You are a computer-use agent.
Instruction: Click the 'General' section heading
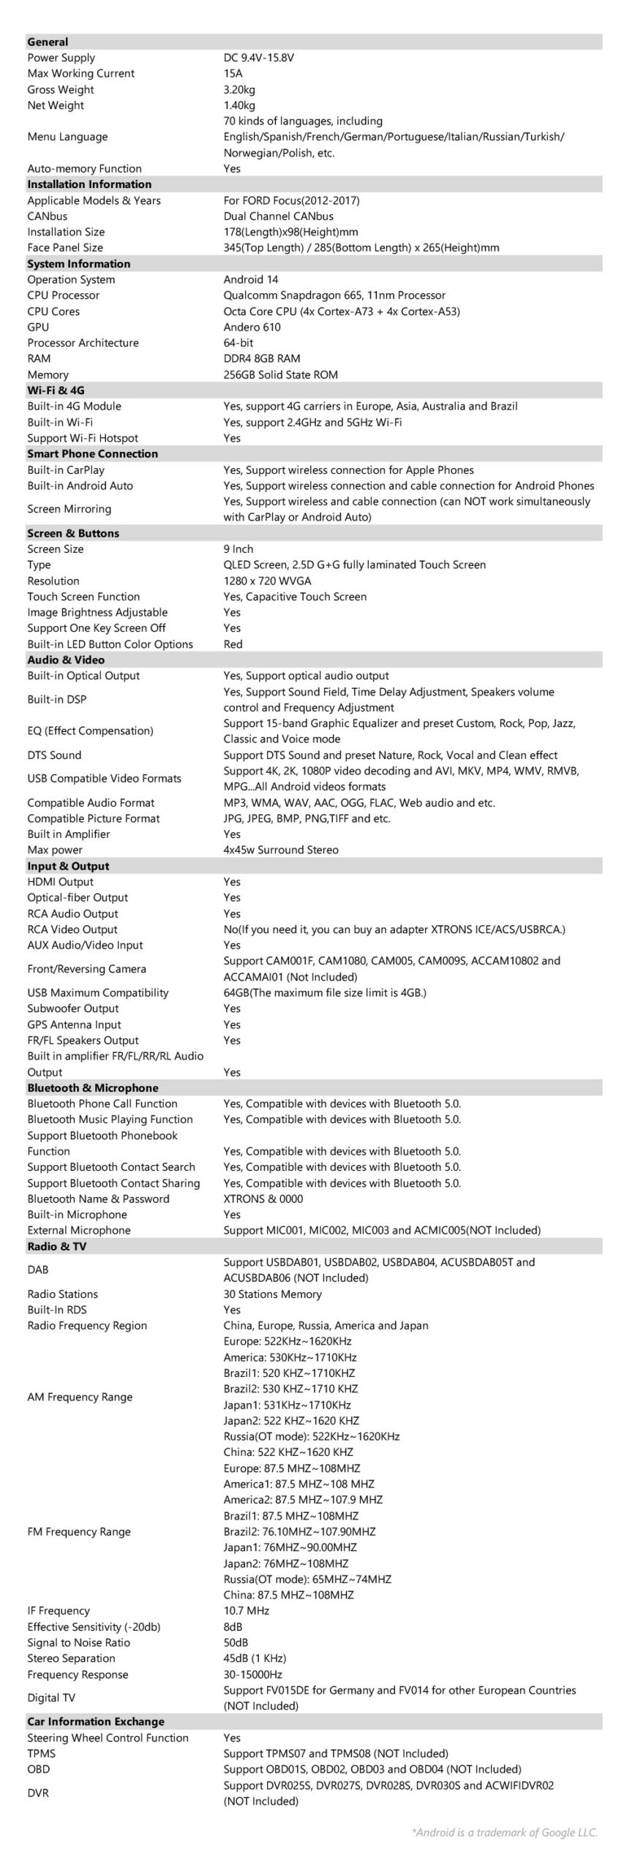click(x=48, y=42)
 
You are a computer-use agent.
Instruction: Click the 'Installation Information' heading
click(x=89, y=184)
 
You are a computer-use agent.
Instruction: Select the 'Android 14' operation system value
click(x=251, y=279)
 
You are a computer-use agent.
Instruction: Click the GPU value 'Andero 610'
click(x=252, y=327)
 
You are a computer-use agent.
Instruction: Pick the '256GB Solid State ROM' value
click(x=280, y=374)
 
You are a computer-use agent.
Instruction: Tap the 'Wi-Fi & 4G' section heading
click(x=56, y=390)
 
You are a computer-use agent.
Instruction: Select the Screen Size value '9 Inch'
click(x=239, y=549)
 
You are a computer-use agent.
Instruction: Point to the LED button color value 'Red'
click(x=233, y=644)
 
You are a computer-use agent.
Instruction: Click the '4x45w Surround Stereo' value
click(x=281, y=850)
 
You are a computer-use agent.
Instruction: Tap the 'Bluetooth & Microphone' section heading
click(x=93, y=1088)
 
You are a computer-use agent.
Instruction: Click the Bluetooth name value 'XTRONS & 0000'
click(x=263, y=1199)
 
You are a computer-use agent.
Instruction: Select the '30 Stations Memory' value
click(x=272, y=1294)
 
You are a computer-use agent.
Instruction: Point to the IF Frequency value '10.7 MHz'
click(x=246, y=1611)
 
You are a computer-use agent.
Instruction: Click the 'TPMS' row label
click(x=41, y=1754)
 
